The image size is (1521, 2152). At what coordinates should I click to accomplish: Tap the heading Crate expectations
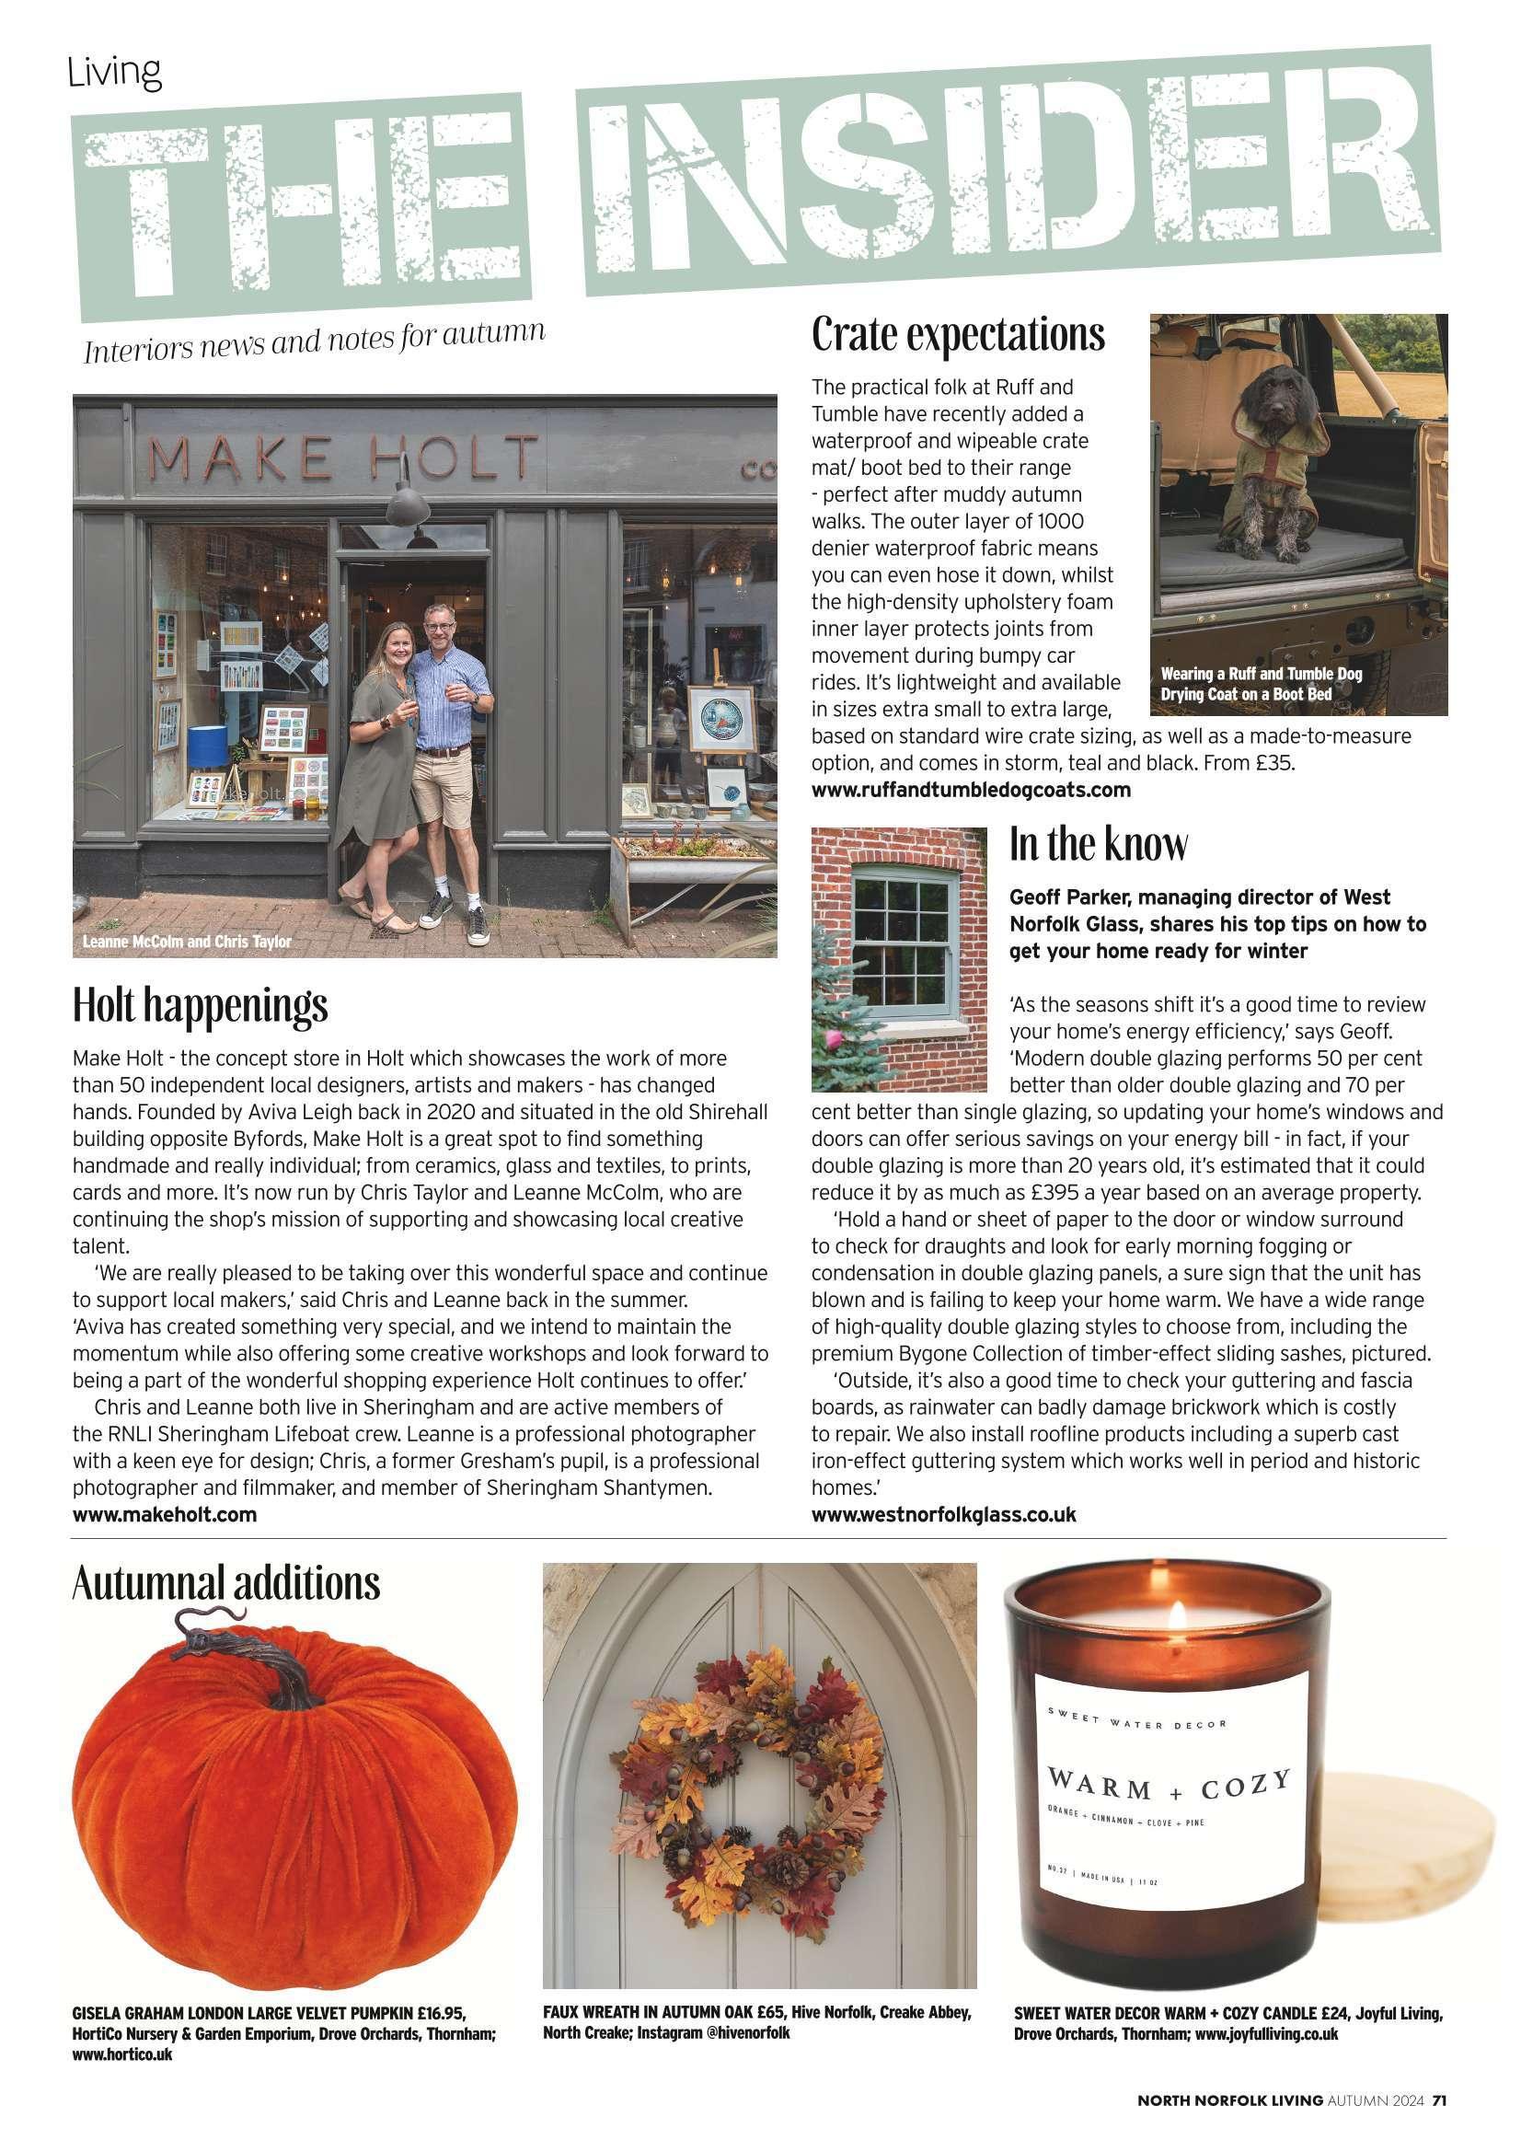[958, 335]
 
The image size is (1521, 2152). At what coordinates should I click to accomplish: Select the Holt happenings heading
[201, 1006]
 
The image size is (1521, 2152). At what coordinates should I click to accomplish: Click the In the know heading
[1098, 844]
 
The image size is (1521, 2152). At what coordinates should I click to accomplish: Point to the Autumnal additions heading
[225, 1583]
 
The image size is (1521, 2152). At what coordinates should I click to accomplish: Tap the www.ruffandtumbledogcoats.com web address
[971, 789]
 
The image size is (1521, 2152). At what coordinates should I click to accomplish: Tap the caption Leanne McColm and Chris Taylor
[188, 941]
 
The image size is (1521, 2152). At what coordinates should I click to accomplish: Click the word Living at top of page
[114, 73]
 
